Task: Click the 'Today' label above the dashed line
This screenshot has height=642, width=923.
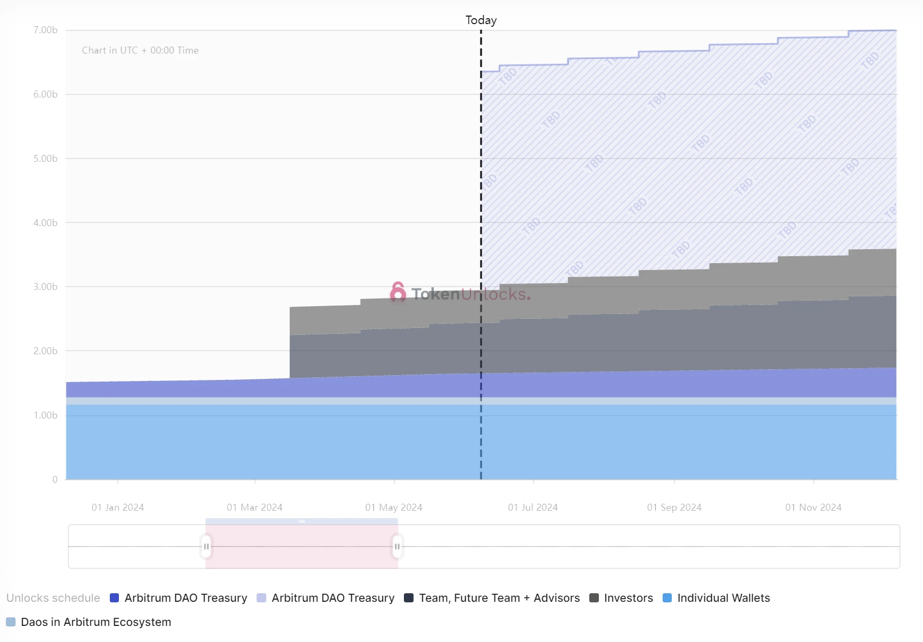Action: click(x=481, y=20)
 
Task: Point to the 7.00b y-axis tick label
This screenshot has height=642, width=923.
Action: click(x=46, y=30)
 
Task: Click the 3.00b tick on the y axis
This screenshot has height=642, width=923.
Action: click(x=46, y=287)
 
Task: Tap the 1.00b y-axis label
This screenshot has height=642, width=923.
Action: click(x=46, y=415)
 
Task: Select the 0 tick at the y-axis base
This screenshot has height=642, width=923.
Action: click(x=55, y=480)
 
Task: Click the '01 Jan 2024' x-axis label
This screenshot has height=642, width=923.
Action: click(x=118, y=507)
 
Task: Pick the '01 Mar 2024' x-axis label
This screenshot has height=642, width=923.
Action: click(x=254, y=507)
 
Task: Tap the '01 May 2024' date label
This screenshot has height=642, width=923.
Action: click(x=394, y=507)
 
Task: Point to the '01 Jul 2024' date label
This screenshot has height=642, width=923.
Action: click(x=533, y=507)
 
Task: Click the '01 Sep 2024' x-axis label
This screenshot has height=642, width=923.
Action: click(x=674, y=507)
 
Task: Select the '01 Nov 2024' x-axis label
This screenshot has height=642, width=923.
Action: click(x=813, y=507)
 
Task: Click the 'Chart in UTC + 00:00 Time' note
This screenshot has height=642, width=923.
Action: click(x=140, y=50)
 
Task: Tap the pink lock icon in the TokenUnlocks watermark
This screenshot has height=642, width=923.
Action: click(x=397, y=293)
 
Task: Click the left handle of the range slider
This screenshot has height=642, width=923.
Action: click(x=206, y=547)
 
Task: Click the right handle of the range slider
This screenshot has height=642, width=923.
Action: click(x=397, y=547)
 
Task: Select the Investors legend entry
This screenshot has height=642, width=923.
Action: click(x=621, y=598)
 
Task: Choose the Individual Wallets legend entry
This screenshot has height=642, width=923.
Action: click(x=716, y=598)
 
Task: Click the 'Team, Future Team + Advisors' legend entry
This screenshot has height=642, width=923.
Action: click(x=492, y=598)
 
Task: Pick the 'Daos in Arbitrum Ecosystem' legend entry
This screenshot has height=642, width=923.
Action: click(x=89, y=622)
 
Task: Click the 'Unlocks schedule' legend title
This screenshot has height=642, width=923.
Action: click(x=53, y=598)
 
